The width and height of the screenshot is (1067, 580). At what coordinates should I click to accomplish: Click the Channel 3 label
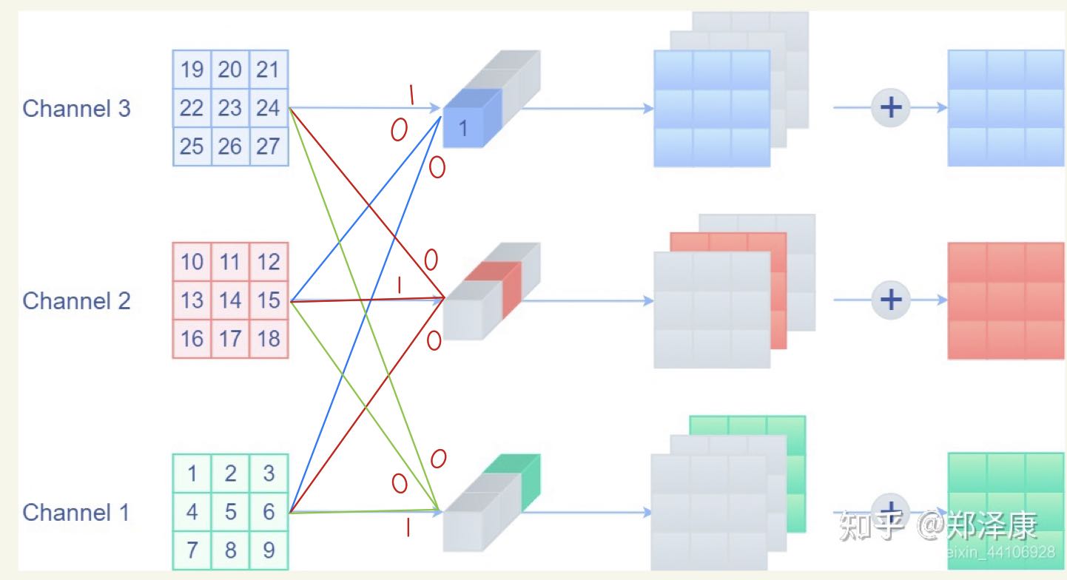coord(76,108)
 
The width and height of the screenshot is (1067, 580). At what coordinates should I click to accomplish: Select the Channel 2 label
coord(76,300)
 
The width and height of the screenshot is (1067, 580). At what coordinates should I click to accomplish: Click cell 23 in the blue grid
coord(230,108)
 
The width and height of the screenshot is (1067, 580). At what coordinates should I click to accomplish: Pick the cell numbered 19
coord(192,70)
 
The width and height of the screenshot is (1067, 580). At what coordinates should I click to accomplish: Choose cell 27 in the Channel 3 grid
coord(268,146)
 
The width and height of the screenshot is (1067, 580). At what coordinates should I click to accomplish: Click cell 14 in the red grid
coord(230,300)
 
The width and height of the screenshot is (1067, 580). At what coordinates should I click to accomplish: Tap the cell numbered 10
coord(192,262)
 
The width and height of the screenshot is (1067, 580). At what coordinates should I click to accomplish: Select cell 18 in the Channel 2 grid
coord(268,338)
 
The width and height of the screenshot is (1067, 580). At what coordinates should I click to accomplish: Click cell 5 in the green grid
coord(230,511)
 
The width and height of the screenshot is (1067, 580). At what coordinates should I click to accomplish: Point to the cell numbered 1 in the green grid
coord(192,473)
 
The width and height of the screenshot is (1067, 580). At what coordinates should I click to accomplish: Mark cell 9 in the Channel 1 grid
coord(268,550)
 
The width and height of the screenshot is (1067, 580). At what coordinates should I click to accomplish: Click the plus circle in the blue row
coord(890,107)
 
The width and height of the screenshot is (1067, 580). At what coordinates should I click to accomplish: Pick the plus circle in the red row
coord(890,300)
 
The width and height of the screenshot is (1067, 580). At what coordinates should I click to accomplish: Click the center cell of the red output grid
coord(1006,300)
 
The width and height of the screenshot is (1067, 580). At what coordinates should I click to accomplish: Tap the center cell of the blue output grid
coord(1006,108)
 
